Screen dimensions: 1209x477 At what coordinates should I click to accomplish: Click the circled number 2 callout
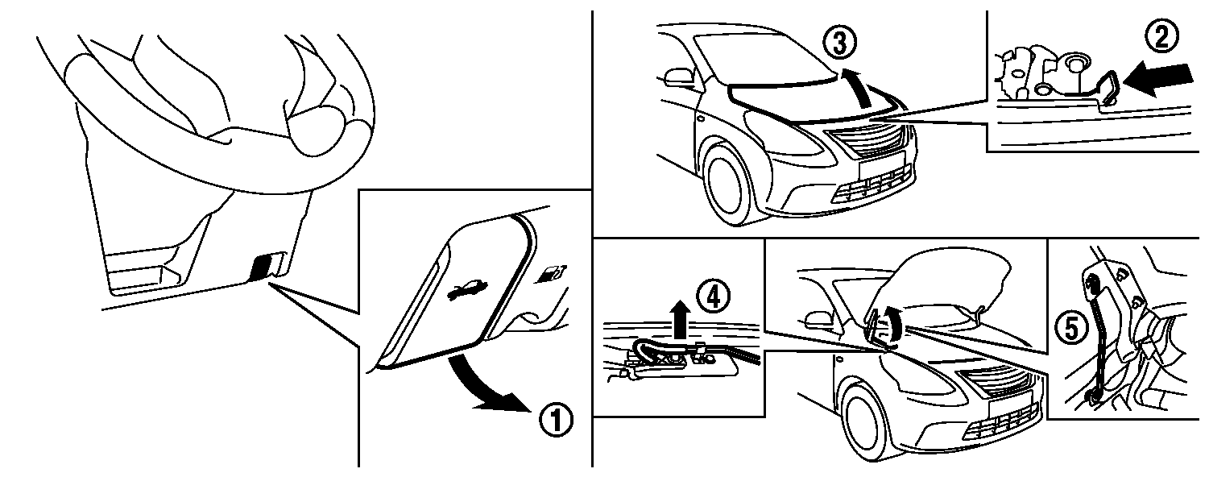pos(1162,37)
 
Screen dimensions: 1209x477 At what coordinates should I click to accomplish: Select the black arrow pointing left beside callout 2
pos(1158,80)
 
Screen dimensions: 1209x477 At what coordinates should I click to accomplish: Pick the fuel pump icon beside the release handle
pos(552,273)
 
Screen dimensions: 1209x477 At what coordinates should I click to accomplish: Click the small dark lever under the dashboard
pos(263,267)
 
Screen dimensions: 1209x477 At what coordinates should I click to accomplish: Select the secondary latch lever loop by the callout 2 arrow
pos(1108,88)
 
